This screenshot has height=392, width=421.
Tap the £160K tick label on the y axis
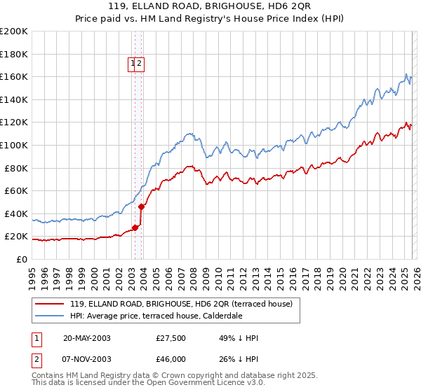pyautogui.click(x=14, y=76)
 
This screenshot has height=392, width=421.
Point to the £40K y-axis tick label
pyautogui.click(x=16, y=213)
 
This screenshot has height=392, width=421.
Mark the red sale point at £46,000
pyautogui.click(x=141, y=206)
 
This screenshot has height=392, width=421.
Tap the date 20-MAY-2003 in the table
pyautogui.click(x=87, y=338)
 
